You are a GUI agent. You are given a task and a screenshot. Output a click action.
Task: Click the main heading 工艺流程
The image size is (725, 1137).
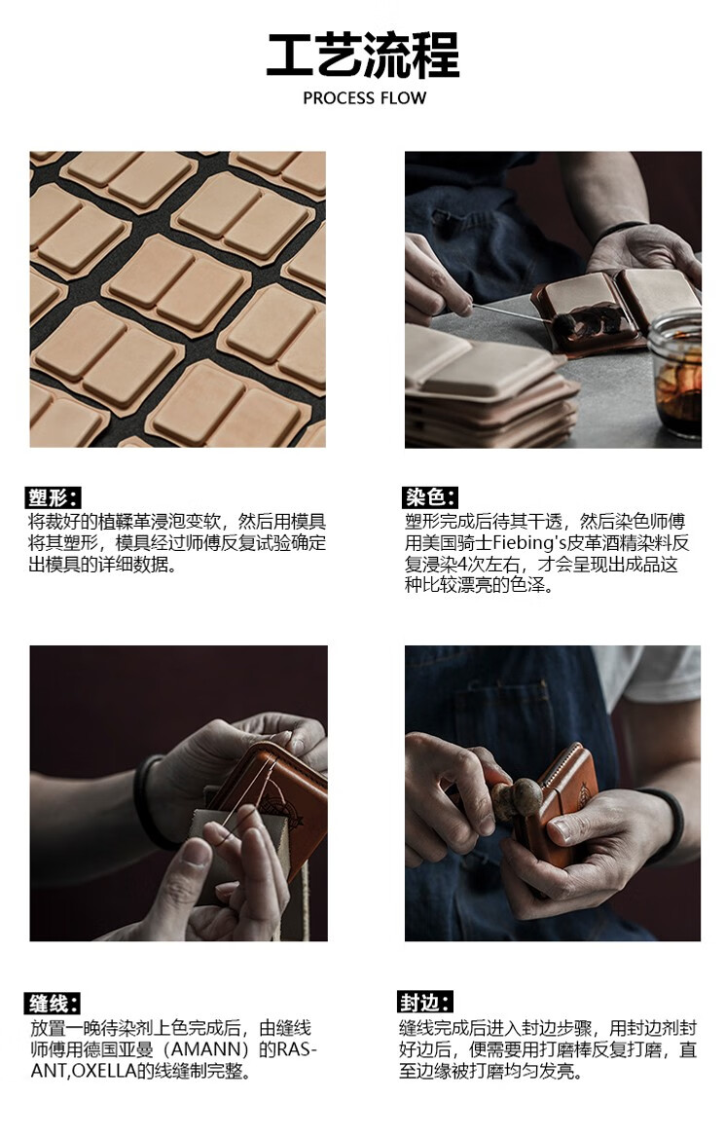coord(363,55)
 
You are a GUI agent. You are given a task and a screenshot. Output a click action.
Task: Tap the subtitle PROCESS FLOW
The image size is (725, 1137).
coord(365,98)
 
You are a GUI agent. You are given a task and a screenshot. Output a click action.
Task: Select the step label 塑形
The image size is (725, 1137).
coord(54,497)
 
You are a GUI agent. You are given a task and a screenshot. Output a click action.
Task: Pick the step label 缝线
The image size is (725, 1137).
coord(54,1003)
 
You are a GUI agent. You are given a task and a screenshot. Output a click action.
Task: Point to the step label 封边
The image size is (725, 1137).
coord(425,1003)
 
